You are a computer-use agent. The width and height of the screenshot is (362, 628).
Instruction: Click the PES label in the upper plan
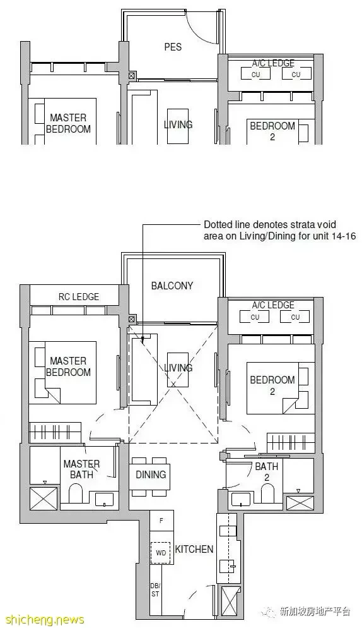[x=173, y=47]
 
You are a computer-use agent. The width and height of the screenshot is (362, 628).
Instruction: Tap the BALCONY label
[x=172, y=286]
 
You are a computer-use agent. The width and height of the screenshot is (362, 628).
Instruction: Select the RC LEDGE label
[x=79, y=297]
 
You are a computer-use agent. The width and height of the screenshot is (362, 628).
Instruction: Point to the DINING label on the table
[x=151, y=474]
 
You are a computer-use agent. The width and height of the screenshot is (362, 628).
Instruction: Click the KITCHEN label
[x=194, y=549]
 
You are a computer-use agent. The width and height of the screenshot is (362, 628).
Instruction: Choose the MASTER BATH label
[x=81, y=469]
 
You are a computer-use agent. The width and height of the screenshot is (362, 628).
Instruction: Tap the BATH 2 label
[x=266, y=472]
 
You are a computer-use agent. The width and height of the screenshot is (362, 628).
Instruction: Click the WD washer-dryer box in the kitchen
[x=161, y=553]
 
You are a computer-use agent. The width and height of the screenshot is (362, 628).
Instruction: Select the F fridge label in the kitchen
[x=161, y=521]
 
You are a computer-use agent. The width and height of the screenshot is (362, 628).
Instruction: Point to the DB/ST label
[x=155, y=590]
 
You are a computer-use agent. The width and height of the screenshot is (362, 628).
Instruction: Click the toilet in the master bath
[x=76, y=493]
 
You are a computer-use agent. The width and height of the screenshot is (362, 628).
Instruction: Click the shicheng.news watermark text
[x=42, y=620]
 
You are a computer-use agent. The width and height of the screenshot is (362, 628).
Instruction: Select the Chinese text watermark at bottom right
[x=315, y=612]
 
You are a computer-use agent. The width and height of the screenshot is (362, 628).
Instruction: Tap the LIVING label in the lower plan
[x=178, y=368]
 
